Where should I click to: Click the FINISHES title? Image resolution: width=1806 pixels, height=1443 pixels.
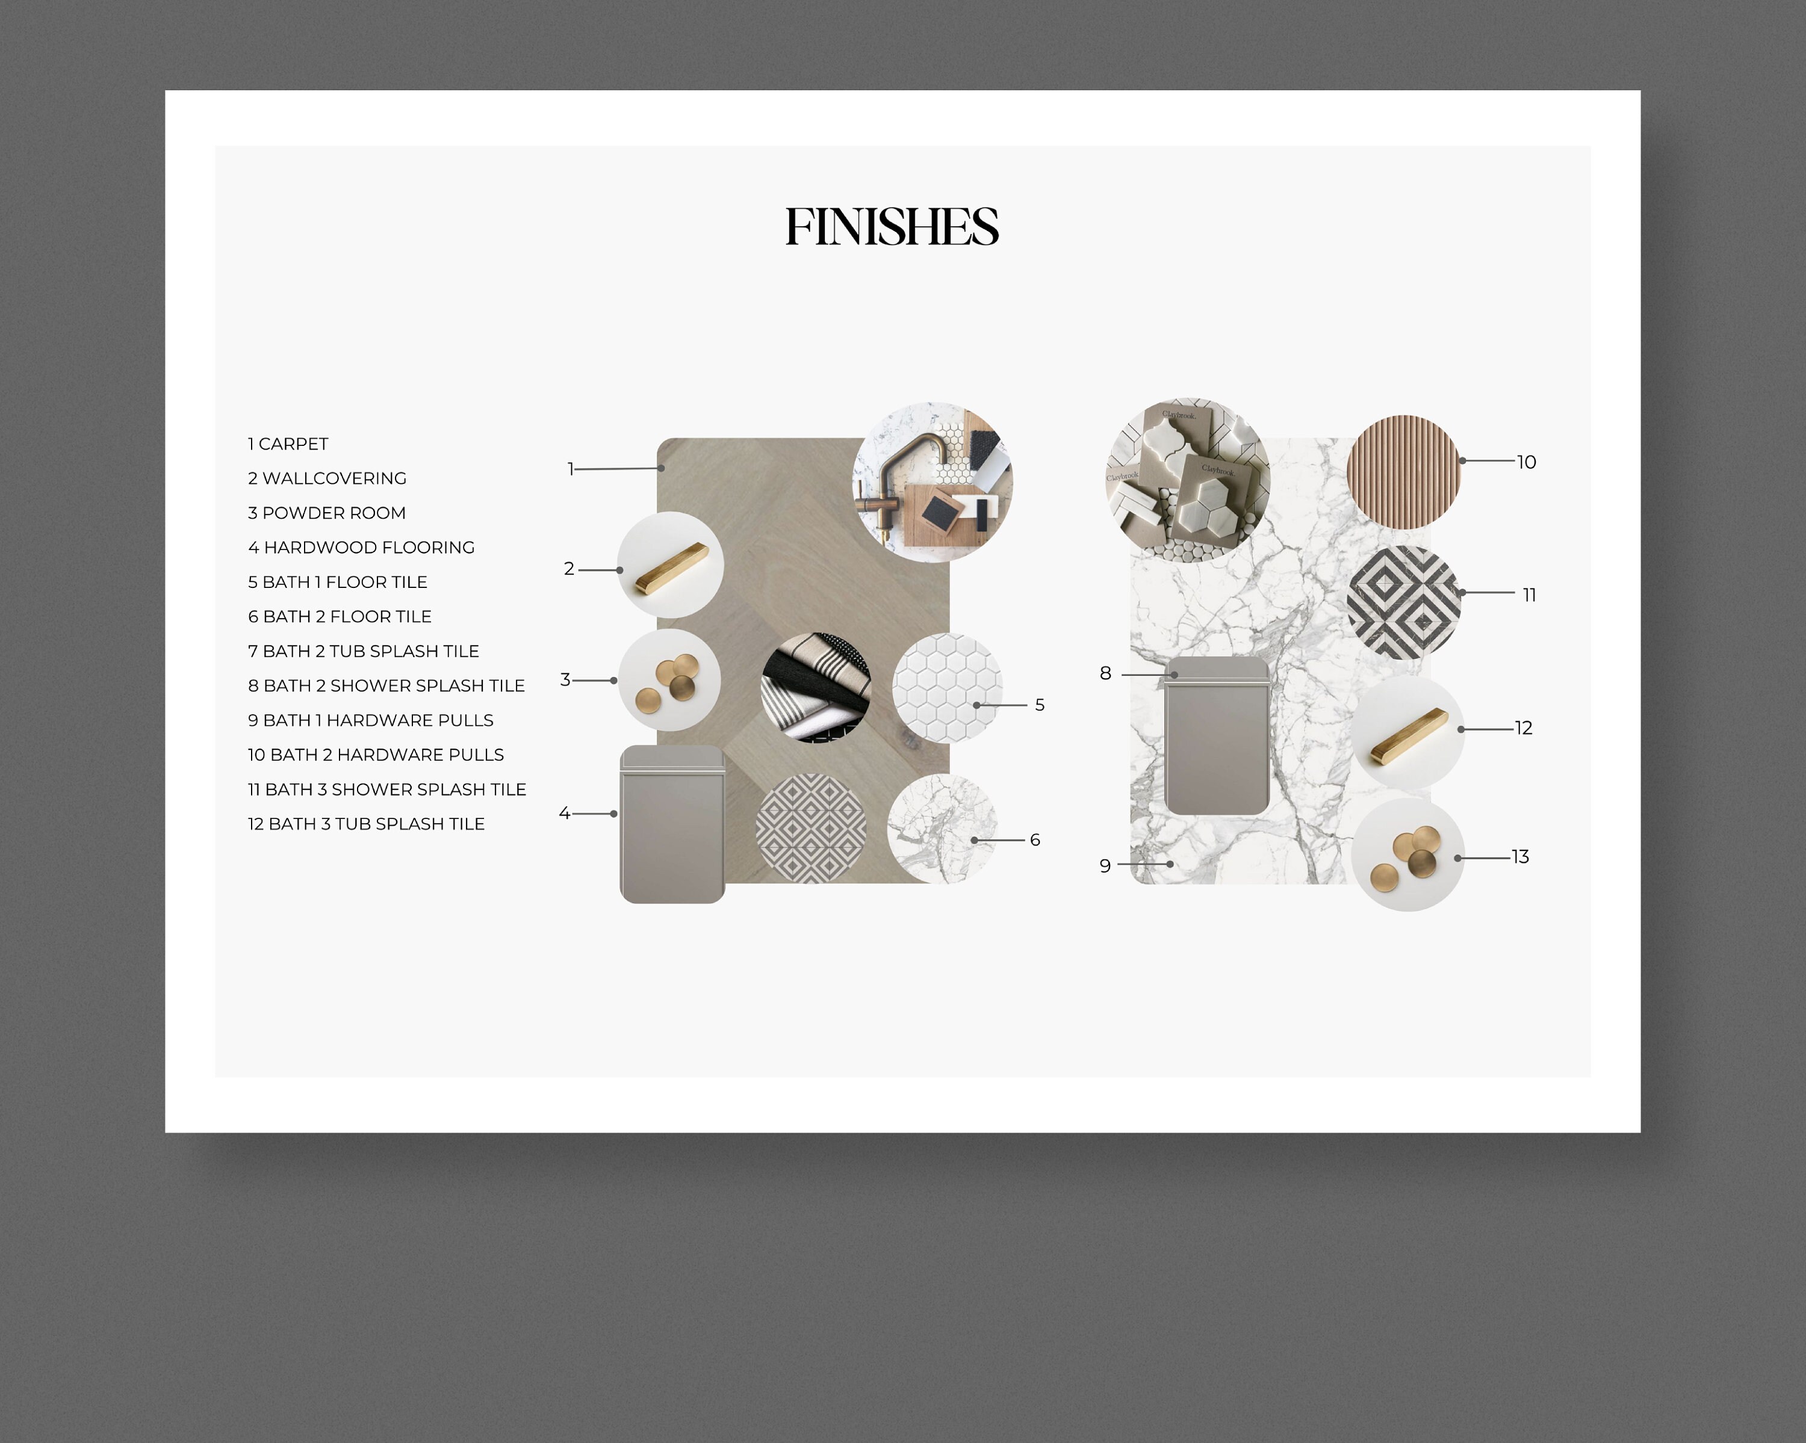892,227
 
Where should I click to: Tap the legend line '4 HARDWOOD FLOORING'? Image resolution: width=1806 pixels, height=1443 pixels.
361,548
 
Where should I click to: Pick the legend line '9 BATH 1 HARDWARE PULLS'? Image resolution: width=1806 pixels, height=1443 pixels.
370,720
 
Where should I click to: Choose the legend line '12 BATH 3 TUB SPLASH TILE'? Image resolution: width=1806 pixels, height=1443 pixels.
366,824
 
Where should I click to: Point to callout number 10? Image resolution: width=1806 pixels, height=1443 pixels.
1525,462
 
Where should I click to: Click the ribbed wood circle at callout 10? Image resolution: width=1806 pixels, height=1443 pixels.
1403,472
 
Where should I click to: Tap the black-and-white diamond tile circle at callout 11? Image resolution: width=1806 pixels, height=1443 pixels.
1403,603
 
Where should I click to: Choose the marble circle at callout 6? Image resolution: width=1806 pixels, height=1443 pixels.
942,829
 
